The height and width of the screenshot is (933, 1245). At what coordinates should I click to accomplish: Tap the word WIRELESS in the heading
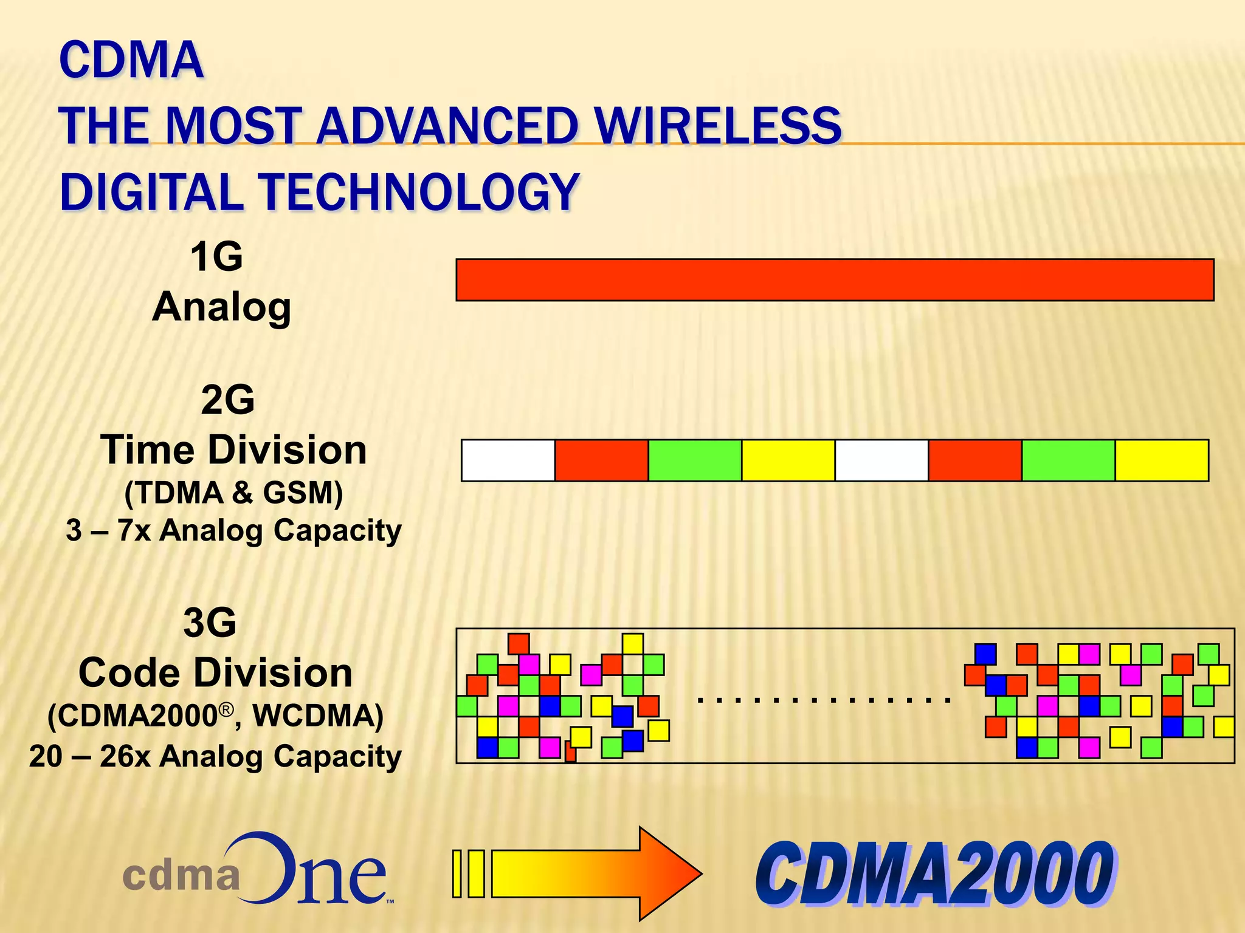point(717,126)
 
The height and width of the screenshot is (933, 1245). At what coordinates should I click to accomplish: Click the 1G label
point(216,256)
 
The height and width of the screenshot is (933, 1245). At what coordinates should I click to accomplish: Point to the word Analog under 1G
point(222,307)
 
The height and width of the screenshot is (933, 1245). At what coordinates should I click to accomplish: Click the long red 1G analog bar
point(834,280)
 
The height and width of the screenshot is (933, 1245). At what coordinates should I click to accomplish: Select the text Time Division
point(233,450)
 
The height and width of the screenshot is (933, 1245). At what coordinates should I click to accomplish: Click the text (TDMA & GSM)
point(233,492)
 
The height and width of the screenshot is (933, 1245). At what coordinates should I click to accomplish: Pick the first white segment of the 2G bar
point(508,460)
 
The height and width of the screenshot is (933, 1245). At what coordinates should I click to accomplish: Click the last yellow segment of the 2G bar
point(1162,460)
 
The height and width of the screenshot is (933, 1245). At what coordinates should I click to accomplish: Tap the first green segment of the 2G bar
point(695,460)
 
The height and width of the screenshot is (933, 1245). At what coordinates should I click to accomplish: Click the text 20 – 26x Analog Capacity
point(216,757)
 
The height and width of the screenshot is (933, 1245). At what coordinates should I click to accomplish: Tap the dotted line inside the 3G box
point(824,700)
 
